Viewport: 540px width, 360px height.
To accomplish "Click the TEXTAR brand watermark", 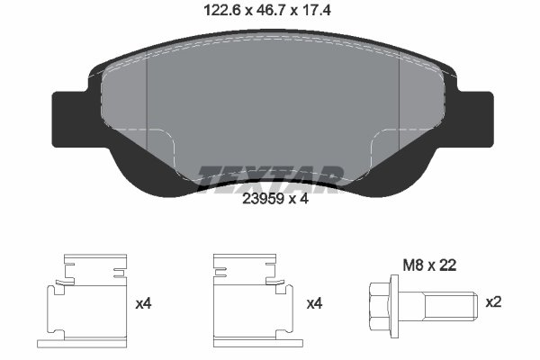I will click(x=270, y=176).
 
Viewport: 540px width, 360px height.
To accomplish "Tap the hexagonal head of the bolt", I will click(x=381, y=303).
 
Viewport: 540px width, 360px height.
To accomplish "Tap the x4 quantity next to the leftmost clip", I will click(x=142, y=303).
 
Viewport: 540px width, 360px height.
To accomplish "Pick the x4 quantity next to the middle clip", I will click(x=314, y=303).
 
